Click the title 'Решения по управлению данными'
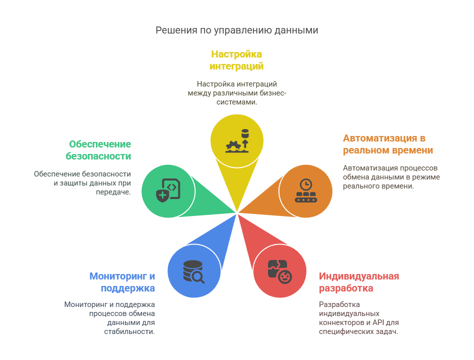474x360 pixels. click(236, 30)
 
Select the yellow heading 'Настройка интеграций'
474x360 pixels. click(236, 60)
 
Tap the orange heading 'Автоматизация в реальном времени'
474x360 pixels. click(387, 144)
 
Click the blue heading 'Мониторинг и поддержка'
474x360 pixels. click(122, 282)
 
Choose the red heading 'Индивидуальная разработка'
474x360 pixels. click(358, 282)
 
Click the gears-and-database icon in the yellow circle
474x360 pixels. click(236, 141)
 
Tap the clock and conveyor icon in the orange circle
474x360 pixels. click(305, 190)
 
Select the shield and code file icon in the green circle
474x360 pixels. click(168, 190)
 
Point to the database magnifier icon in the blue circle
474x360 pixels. click(193, 271)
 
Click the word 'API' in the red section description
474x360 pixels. click(380, 322)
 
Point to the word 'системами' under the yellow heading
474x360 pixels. click(235, 102)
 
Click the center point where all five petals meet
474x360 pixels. click(237, 212)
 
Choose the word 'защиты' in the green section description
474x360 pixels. click(71, 183)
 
